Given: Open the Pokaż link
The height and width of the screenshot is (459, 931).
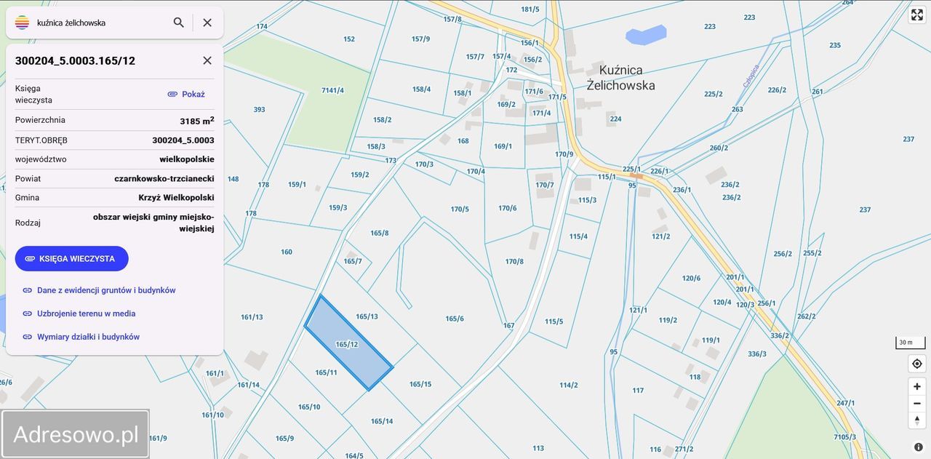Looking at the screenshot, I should coord(186,94).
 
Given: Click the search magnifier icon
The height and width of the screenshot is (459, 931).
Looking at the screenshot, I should coord(178,23).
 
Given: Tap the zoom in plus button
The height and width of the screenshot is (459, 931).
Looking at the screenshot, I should coord(917,386).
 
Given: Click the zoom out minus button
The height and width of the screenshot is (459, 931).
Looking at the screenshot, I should coord(917,403).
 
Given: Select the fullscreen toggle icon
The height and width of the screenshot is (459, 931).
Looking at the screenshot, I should coord(917,15).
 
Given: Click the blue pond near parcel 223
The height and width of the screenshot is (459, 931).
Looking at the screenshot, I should coord(646,34).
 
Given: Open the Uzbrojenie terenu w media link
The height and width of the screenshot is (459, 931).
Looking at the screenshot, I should coord(86,314).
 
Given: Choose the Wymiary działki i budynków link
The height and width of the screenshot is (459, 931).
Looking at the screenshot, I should coord(88,337).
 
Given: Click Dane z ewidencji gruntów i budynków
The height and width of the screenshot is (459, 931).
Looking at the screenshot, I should coord(106,290).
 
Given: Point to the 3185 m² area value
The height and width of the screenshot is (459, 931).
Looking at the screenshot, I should coord(196,121).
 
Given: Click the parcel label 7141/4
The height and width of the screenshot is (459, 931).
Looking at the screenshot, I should coord(332,90).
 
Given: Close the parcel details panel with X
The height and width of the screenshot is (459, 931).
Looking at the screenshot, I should coord(207,60).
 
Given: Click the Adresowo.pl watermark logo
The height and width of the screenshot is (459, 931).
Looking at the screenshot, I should coord(76,434).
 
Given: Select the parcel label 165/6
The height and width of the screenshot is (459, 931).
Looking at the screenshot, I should coord(455,319).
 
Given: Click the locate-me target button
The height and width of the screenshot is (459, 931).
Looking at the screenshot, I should coord(917,364).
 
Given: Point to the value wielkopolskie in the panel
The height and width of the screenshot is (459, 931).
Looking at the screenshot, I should coord(187,159).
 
